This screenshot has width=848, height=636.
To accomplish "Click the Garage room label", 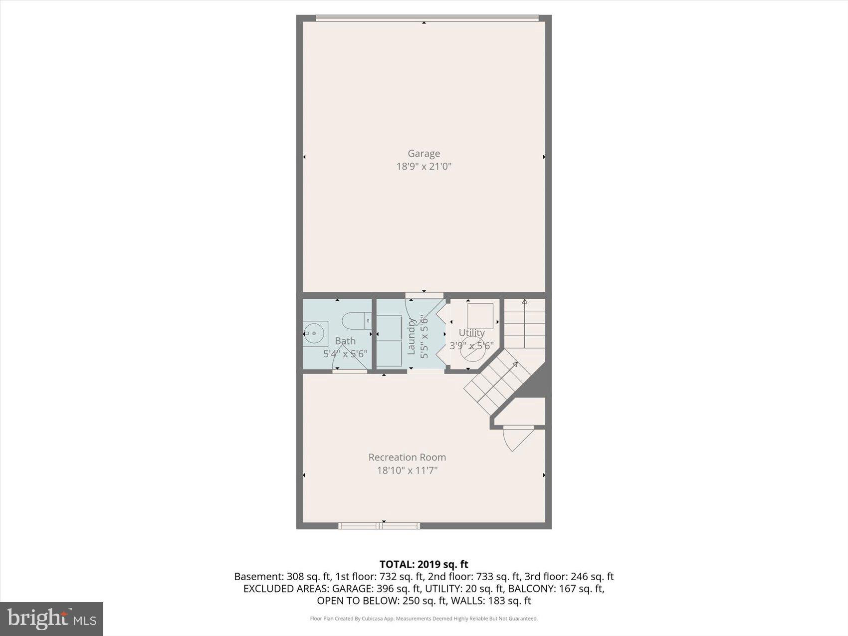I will pyautogui.click(x=424, y=154).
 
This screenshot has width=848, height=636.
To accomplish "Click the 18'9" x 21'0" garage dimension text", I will pyautogui.click(x=424, y=167).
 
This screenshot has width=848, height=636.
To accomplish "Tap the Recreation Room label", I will pyautogui.click(x=407, y=457).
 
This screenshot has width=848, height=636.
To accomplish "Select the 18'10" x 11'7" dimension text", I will pyautogui.click(x=407, y=470).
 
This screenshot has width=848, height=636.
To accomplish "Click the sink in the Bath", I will pyautogui.click(x=315, y=333).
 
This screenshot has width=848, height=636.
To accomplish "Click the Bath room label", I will pyautogui.click(x=345, y=341).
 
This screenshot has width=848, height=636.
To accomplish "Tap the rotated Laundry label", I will pyautogui.click(x=412, y=337).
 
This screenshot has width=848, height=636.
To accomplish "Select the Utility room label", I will pyautogui.click(x=471, y=333).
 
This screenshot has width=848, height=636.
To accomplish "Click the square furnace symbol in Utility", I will pyautogui.click(x=480, y=316).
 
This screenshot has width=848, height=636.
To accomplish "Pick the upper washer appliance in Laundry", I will pyautogui.click(x=389, y=327).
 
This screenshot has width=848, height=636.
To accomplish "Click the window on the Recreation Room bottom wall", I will pyautogui.click(x=379, y=525).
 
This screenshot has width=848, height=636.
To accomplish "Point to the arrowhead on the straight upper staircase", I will pyautogui.click(x=524, y=302).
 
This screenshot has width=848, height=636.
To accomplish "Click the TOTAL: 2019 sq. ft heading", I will pyautogui.click(x=424, y=564).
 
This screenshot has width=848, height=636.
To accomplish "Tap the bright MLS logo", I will pyautogui.click(x=51, y=619).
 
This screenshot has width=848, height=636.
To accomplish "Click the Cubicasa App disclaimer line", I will pyautogui.click(x=424, y=619).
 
